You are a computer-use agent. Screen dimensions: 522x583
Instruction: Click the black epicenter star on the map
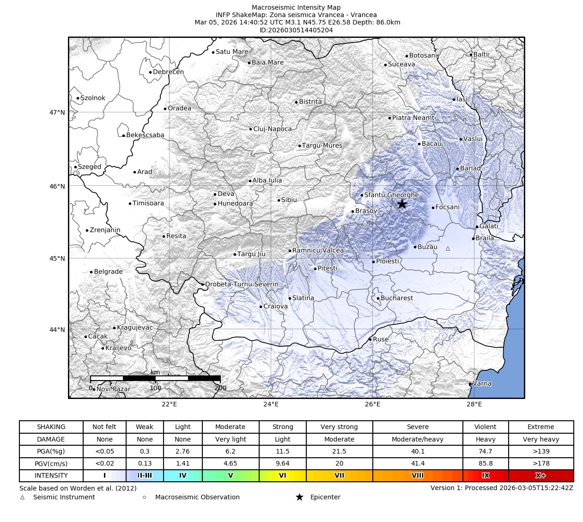point(402,204)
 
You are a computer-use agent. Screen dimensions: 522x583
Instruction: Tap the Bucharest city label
point(396,298)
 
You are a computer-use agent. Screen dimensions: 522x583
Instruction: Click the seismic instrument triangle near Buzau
point(448,249)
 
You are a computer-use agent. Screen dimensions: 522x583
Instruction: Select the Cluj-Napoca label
point(273,129)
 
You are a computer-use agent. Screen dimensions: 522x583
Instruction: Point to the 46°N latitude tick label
point(57,186)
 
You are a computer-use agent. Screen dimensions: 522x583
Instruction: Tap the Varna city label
point(482,384)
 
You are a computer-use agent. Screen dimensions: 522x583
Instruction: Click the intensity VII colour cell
point(339,476)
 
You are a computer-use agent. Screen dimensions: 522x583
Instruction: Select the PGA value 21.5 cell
point(339,451)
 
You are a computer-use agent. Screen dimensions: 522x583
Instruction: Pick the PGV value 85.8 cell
point(485,463)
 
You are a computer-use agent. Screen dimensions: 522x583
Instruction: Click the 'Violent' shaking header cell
point(485,427)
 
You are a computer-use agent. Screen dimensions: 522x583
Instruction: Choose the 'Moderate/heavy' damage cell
point(417,439)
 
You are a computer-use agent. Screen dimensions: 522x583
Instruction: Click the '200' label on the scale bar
point(220,388)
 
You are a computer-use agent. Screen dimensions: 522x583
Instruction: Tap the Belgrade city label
point(108,272)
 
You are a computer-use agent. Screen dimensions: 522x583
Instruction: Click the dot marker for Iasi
point(454,99)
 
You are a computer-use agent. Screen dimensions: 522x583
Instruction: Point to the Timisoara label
point(148,203)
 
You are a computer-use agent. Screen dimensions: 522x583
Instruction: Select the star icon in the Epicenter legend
point(299,497)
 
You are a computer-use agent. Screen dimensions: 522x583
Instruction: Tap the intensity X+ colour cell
point(540,476)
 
